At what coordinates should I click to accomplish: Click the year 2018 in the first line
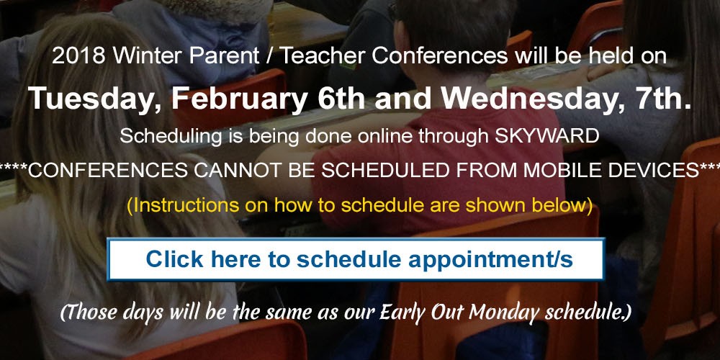point(79,56)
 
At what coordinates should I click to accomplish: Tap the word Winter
point(148,56)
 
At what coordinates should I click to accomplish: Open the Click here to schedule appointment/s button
point(356,259)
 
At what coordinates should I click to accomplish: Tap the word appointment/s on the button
point(490,260)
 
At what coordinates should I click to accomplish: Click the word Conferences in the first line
point(440,56)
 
